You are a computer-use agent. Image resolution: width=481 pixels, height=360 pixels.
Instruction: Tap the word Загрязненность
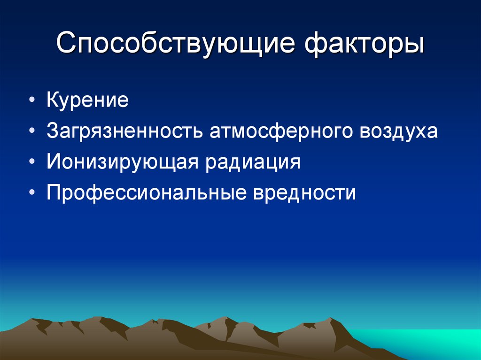[x=124, y=131]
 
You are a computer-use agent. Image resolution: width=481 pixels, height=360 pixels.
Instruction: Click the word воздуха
[x=399, y=131]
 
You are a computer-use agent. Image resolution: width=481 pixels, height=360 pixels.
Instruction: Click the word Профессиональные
[x=147, y=192]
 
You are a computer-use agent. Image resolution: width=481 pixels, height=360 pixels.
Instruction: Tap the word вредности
[x=304, y=192]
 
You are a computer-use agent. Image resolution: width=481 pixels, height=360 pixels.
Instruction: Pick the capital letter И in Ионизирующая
[x=53, y=162]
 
